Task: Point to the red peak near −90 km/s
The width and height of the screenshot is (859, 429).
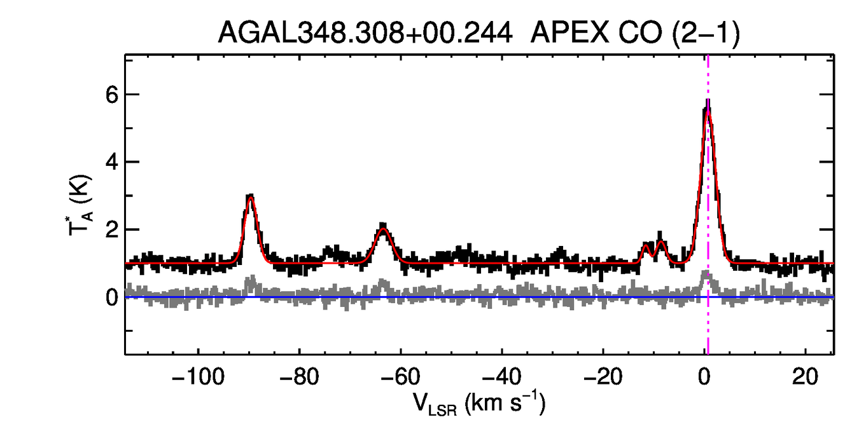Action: pos(251,198)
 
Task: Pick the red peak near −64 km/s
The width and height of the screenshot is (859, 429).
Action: pos(383,229)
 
